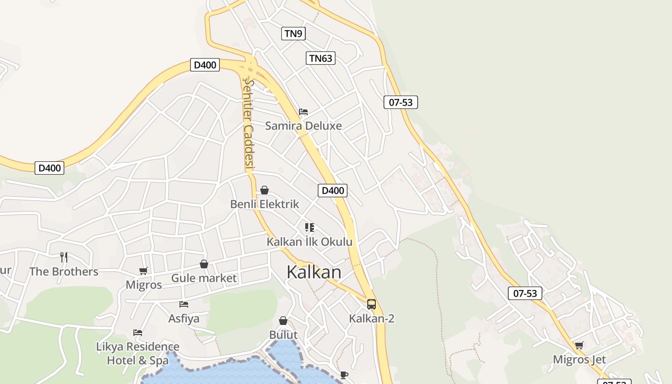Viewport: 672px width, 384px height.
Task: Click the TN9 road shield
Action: click(x=293, y=34)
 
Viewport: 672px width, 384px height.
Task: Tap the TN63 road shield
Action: click(x=321, y=59)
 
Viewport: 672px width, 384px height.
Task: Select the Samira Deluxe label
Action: click(x=303, y=126)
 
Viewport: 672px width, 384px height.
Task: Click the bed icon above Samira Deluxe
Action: click(x=303, y=112)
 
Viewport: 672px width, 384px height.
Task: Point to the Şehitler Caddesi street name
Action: click(x=248, y=125)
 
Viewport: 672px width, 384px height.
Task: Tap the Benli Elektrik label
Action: click(x=264, y=204)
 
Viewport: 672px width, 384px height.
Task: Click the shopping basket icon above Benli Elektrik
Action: click(x=264, y=191)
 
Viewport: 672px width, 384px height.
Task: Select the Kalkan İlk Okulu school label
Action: click(x=310, y=242)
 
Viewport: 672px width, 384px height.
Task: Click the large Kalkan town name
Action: click(x=314, y=272)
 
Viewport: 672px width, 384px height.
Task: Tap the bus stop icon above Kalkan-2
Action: click(x=372, y=304)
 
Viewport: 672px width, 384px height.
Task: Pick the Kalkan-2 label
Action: click(x=372, y=318)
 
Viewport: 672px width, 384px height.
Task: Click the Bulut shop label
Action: click(x=283, y=335)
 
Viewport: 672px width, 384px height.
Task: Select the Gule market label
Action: click(x=204, y=278)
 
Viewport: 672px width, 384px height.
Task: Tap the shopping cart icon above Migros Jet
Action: click(x=579, y=346)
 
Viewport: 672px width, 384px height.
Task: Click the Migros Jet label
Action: click(x=579, y=360)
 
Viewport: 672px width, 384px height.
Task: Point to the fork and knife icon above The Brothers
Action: click(x=64, y=257)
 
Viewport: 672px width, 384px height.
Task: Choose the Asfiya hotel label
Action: click(x=184, y=318)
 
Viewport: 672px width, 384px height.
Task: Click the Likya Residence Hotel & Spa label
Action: click(x=138, y=353)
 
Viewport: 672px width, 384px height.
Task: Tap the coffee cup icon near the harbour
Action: click(x=344, y=375)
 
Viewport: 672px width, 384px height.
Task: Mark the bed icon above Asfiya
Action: click(x=184, y=304)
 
